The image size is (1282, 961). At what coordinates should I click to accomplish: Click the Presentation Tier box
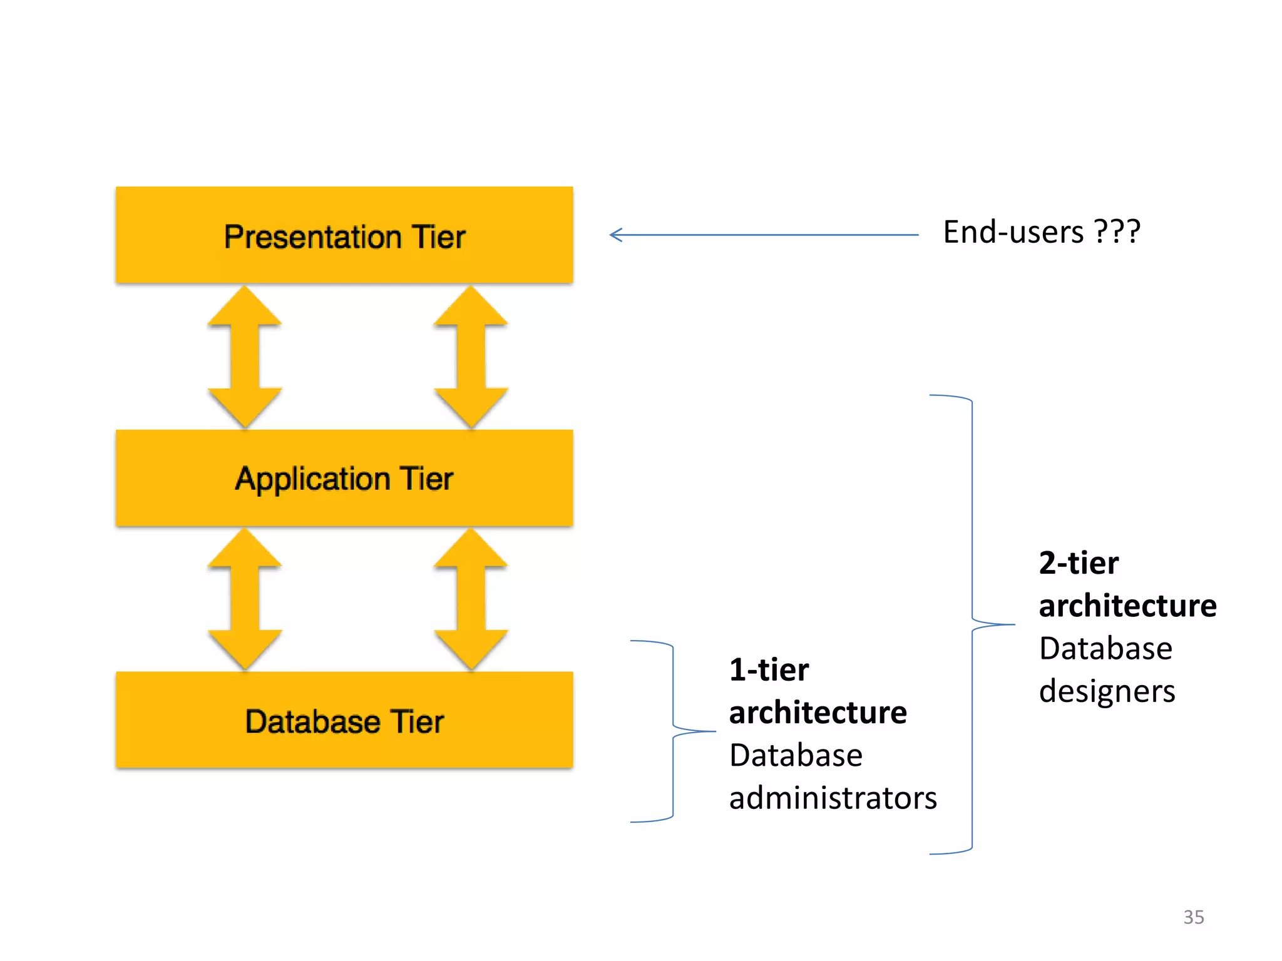pyautogui.click(x=344, y=236)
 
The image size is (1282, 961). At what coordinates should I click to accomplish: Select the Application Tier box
pyautogui.click(x=344, y=479)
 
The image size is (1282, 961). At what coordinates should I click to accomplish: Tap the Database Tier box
pyautogui.click(x=344, y=721)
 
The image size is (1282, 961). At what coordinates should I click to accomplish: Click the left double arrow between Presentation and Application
pyautogui.click(x=245, y=357)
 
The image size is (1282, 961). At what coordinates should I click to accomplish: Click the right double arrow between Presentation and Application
pyautogui.click(x=471, y=357)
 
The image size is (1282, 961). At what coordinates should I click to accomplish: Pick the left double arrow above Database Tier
pyautogui.click(x=245, y=599)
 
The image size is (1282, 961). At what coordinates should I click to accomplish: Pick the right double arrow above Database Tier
pyautogui.click(x=471, y=599)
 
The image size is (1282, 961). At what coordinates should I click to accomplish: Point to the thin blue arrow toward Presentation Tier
pyautogui.click(x=764, y=235)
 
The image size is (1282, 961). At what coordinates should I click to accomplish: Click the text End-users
pyautogui.click(x=1013, y=232)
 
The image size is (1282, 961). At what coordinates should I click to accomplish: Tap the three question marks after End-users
pyautogui.click(x=1117, y=232)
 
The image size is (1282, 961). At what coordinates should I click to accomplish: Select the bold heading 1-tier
pyautogui.click(x=769, y=669)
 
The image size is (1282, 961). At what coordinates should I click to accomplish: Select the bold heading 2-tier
pyautogui.click(x=1079, y=562)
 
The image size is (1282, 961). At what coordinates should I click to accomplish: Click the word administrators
pyautogui.click(x=833, y=798)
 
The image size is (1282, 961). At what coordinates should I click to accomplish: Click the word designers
pyautogui.click(x=1107, y=691)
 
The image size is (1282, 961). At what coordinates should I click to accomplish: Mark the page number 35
pyautogui.click(x=1193, y=917)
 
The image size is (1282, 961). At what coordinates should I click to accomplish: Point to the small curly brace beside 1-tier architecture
pyautogui.click(x=672, y=731)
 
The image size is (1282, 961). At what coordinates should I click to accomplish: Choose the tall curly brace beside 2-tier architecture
pyautogui.click(x=972, y=624)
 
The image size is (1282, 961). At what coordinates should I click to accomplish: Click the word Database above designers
pyautogui.click(x=1105, y=648)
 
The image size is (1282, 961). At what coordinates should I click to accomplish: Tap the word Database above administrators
pyautogui.click(x=796, y=755)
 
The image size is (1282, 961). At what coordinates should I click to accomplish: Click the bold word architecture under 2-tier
pyautogui.click(x=1127, y=606)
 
